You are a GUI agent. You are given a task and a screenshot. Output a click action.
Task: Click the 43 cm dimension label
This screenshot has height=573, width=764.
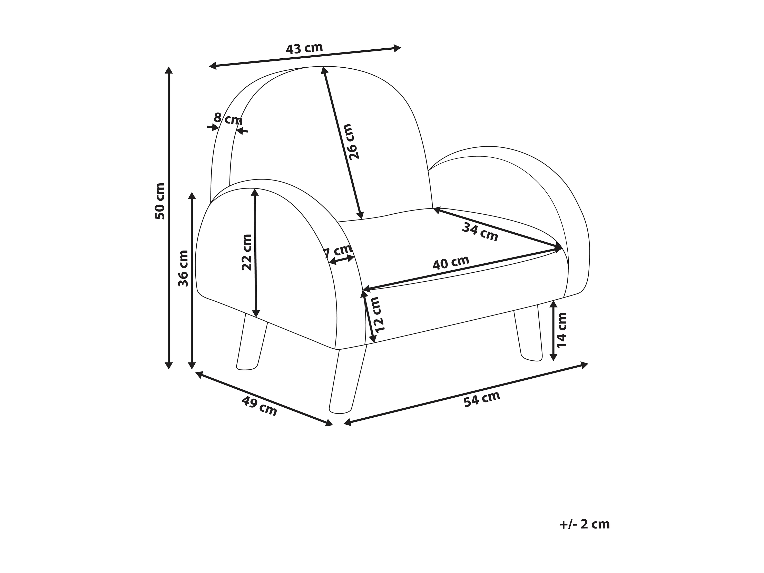(x=304, y=48)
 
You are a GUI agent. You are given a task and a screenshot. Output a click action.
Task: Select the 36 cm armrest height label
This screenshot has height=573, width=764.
(x=183, y=268)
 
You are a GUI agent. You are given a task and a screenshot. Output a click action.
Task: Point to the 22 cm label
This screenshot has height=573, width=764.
(x=247, y=252)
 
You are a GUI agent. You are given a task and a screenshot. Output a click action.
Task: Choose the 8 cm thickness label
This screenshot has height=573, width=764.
(x=228, y=119)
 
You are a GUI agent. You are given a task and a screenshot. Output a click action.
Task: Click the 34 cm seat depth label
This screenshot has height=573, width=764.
(x=480, y=232)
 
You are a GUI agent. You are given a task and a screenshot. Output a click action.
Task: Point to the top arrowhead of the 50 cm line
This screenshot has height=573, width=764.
(x=169, y=70)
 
